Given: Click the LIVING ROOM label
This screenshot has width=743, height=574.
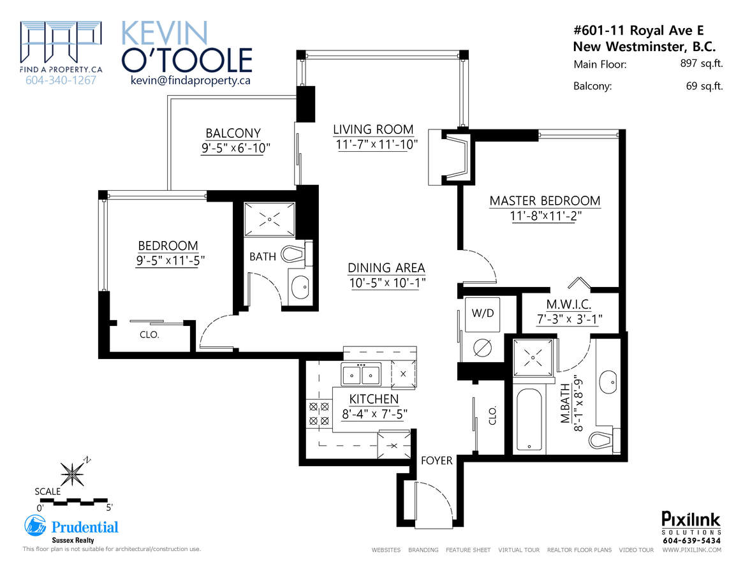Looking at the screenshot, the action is [373, 129].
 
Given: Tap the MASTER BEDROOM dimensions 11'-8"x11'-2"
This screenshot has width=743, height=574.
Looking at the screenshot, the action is [545, 216].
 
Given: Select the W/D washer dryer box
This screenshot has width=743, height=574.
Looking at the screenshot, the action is [482, 314].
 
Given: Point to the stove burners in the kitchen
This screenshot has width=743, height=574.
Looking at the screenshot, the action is [319, 413].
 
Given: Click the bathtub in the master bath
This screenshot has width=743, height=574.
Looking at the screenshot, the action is [529, 420].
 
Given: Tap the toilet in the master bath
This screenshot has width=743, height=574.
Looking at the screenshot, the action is [604, 439].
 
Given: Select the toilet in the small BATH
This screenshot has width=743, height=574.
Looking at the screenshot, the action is [296, 254].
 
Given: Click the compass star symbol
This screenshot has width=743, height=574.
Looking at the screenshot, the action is [72, 473].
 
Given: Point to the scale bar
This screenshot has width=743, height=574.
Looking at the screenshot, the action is [73, 501].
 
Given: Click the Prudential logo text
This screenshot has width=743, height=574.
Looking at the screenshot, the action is [85, 527].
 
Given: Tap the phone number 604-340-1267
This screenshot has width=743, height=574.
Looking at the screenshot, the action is [61, 80].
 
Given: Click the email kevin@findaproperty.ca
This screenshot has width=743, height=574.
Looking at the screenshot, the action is [191, 80].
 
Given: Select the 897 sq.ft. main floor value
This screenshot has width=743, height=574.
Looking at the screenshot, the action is [702, 64].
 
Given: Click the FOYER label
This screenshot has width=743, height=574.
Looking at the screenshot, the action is [436, 460].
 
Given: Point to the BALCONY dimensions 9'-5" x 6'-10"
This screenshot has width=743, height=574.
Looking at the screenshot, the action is [235, 149].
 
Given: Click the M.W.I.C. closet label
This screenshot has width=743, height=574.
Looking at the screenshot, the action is [569, 304].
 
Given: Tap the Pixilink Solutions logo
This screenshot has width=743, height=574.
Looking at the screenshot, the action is [691, 527].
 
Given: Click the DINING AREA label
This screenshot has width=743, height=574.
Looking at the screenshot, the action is [386, 268].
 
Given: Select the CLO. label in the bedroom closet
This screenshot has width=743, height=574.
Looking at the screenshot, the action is [149, 335].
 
